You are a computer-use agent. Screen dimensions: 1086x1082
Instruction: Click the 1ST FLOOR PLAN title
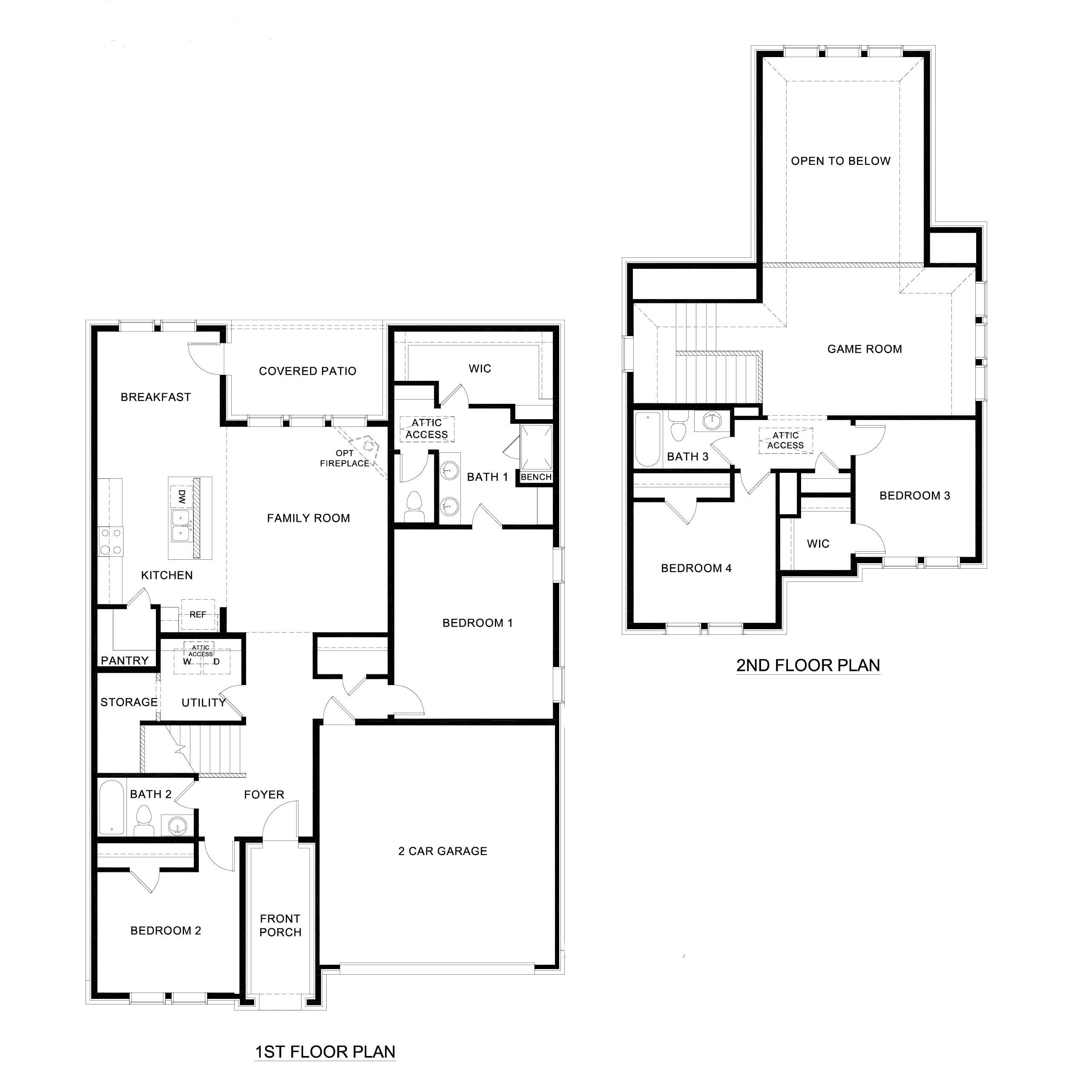pyautogui.click(x=325, y=1052)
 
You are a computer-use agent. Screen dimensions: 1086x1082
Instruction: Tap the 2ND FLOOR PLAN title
pyautogui.click(x=808, y=665)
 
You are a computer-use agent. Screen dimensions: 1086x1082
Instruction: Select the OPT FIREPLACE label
pyautogui.click(x=345, y=458)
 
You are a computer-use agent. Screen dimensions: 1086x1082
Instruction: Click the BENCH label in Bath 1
pyautogui.click(x=536, y=477)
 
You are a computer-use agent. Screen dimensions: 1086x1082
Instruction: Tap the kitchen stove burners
pyautogui.click(x=111, y=541)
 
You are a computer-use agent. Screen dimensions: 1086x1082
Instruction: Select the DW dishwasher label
pyautogui.click(x=181, y=497)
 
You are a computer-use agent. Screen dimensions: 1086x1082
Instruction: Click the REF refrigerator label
pyautogui.click(x=198, y=615)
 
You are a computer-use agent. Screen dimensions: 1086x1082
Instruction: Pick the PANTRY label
pyautogui.click(x=125, y=660)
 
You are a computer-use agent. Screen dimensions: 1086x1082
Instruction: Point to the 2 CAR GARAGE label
pyautogui.click(x=443, y=851)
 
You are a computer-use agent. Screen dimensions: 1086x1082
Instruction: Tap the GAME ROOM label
pyautogui.click(x=865, y=349)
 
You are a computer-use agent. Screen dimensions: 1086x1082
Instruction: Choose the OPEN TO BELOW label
pyautogui.click(x=841, y=161)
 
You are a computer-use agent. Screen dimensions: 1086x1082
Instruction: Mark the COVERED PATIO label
pyautogui.click(x=307, y=371)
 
